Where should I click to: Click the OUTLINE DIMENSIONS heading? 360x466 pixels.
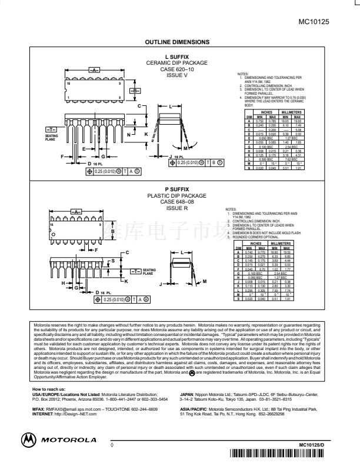pyautogui.click(x=177, y=42)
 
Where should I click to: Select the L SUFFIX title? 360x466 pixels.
pyautogui.click(x=176, y=56)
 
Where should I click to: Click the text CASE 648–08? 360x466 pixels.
pyautogui.click(x=176, y=202)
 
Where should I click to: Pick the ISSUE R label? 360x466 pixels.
pyautogui.click(x=176, y=208)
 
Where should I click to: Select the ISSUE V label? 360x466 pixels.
pyautogui.click(x=176, y=75)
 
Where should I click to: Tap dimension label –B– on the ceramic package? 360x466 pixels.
pyautogui.click(x=135, y=91)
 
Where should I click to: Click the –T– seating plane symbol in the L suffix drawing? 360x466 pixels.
pyautogui.click(x=51, y=129)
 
